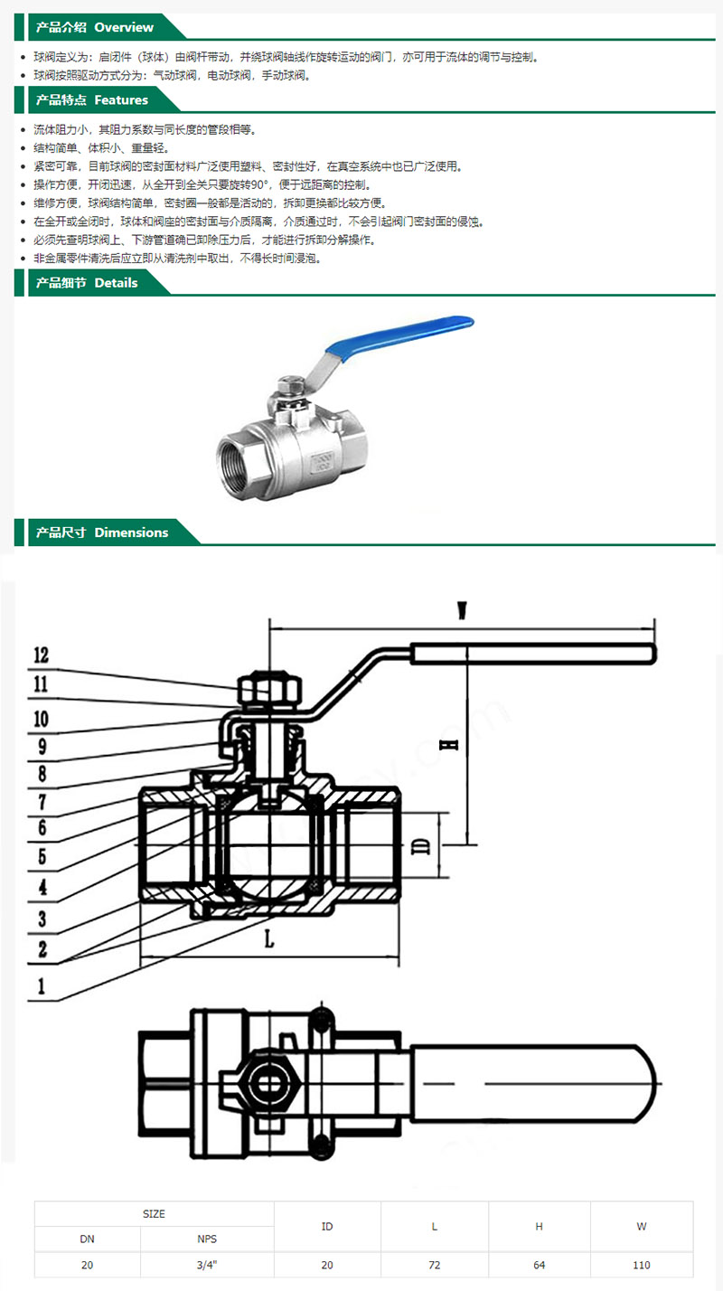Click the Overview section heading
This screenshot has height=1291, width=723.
(94, 27)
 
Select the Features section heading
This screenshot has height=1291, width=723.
(90, 99)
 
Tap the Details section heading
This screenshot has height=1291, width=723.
(86, 283)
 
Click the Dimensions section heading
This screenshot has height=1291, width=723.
(101, 532)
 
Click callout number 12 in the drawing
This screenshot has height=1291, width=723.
(42, 655)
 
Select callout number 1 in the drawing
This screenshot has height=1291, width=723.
(42, 985)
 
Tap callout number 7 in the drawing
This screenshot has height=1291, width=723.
(42, 800)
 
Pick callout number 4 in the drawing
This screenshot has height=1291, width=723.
(42, 887)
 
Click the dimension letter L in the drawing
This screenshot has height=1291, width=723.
(269, 939)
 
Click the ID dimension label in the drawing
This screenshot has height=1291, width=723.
(419, 845)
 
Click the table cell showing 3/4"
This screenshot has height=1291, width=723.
(207, 1265)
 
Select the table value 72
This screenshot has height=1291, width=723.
(435, 1265)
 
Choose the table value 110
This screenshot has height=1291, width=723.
(642, 1265)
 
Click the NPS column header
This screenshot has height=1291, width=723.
(207, 1239)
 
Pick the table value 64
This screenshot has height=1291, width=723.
(540, 1265)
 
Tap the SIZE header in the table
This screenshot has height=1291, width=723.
(155, 1214)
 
